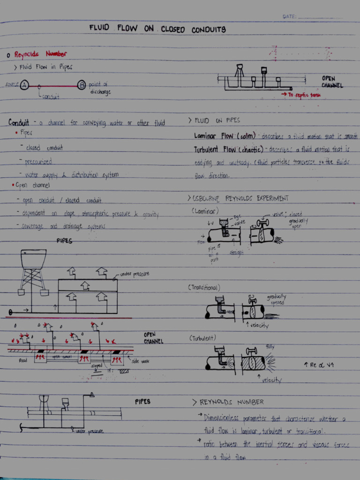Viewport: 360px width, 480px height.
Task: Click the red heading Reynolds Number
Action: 40,54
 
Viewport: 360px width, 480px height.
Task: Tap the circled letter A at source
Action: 24,85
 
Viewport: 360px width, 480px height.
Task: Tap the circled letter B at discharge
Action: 82,85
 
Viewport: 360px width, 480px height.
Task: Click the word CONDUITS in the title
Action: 209,30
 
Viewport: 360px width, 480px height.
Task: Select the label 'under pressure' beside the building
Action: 135,274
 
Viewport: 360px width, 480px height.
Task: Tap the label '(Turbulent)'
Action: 203,337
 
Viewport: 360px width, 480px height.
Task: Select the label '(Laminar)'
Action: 204,211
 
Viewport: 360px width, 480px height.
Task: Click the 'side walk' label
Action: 142,361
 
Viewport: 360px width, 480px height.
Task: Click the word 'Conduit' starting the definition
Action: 19,123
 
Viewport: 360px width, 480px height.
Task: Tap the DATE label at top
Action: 289,17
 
